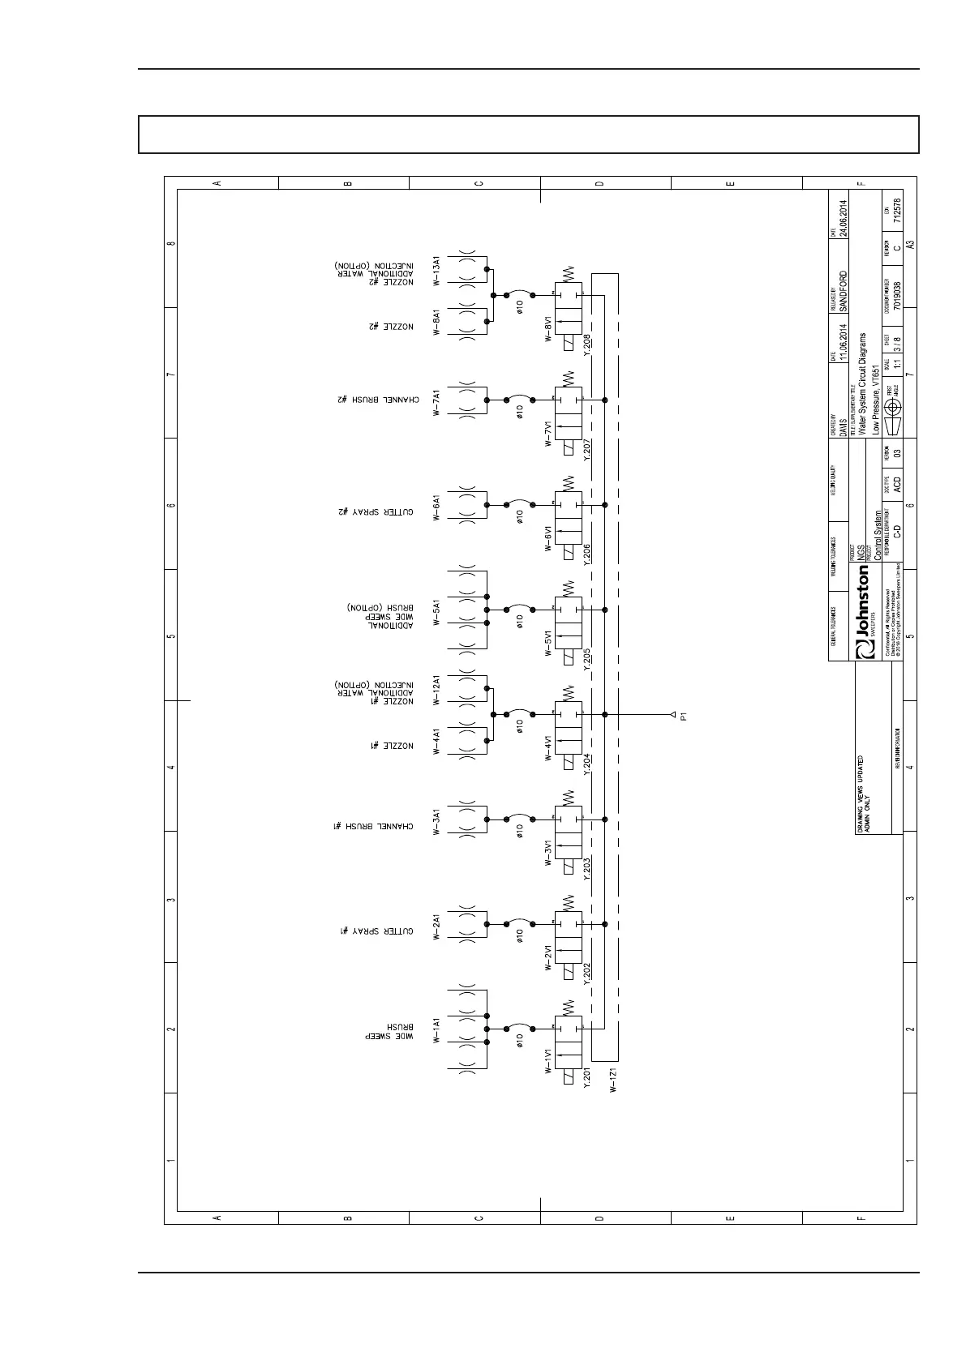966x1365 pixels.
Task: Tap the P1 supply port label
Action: coord(684,715)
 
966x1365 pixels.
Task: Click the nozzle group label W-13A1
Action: coord(436,272)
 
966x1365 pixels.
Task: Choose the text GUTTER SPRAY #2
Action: coord(376,511)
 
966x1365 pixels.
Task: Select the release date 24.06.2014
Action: coord(844,217)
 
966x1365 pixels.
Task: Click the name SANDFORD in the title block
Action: coord(844,292)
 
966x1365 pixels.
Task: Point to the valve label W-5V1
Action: coord(549,641)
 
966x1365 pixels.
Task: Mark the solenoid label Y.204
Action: coord(587,763)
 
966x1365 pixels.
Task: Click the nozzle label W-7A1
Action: coord(436,402)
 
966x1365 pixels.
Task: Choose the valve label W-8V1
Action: coord(549,327)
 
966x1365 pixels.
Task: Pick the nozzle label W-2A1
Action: coord(436,926)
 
